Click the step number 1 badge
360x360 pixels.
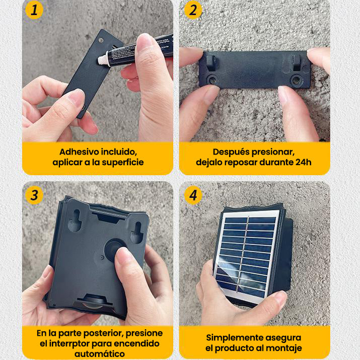(34, 10)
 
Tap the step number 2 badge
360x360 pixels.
(193, 10)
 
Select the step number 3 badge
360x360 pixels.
(34, 195)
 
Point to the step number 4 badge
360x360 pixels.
(193, 195)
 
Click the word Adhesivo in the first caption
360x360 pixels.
(78, 152)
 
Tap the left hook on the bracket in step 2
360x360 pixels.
(210, 62)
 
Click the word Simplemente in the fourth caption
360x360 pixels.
(236, 337)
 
